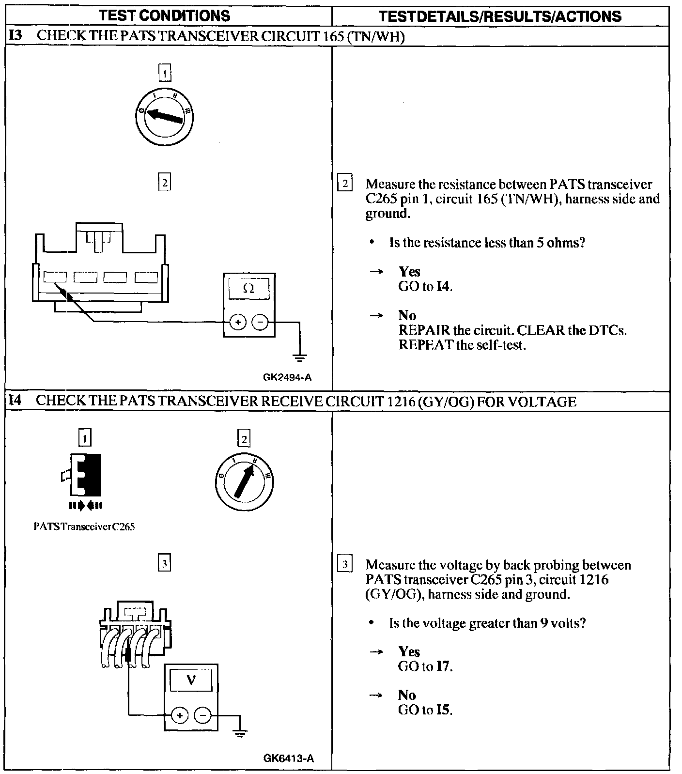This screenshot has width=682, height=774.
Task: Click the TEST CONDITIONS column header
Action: click(x=165, y=15)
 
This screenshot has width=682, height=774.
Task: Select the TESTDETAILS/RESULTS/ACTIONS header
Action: click(x=500, y=16)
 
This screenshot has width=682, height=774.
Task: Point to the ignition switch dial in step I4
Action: click(x=244, y=481)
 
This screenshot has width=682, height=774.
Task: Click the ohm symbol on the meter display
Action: click(x=248, y=289)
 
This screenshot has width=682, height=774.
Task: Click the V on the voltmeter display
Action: click(x=191, y=681)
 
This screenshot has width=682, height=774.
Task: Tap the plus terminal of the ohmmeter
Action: click(x=238, y=322)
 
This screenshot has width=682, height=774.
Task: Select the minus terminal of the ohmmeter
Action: click(x=260, y=322)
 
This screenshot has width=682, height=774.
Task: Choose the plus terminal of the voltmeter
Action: click(x=180, y=715)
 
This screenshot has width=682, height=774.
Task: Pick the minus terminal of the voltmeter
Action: click(x=202, y=715)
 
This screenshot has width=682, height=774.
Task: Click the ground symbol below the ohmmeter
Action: click(x=300, y=358)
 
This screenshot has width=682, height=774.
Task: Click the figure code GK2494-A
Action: click(x=287, y=377)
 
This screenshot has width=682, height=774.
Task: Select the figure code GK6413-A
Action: click(x=289, y=758)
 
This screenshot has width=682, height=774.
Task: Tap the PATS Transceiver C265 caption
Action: click(x=84, y=526)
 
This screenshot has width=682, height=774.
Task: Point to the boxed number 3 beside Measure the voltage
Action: click(x=344, y=565)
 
